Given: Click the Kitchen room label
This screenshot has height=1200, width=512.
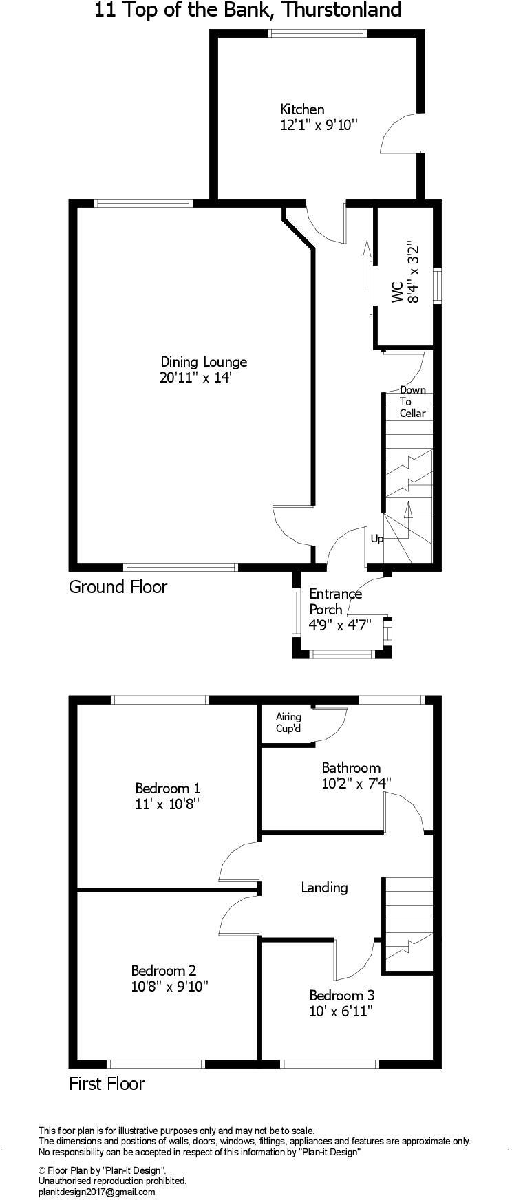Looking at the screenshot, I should [302, 109].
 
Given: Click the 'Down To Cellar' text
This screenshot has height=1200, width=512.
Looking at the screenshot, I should [413, 402].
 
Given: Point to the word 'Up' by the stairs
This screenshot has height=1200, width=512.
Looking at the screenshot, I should [376, 539].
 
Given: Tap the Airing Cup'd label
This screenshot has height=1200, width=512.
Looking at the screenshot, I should [288, 722].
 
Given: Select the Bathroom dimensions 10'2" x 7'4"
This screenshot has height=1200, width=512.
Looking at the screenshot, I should [356, 783].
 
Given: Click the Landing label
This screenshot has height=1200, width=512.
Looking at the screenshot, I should [324, 888].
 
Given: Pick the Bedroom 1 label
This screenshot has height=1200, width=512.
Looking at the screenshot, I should [167, 788].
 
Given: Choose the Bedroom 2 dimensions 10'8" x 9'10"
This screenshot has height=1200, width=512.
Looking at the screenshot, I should [169, 986].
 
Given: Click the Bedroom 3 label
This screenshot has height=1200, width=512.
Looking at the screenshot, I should [341, 995].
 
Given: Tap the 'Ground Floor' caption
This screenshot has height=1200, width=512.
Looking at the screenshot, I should [118, 587].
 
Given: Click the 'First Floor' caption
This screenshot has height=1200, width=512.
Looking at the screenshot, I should [107, 1084].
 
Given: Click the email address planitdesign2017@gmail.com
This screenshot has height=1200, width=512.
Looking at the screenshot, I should [97, 1192].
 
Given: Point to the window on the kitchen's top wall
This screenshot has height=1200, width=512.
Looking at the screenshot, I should [317, 32].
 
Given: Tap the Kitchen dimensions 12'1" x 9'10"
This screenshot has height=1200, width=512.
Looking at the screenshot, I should [319, 125].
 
